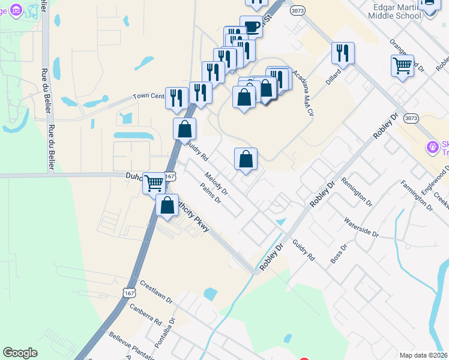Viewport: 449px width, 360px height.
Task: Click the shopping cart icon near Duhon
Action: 154,183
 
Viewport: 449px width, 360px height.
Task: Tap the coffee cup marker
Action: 251,27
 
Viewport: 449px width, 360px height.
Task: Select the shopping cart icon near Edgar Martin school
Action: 402,65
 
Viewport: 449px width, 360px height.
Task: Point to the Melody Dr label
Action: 216,185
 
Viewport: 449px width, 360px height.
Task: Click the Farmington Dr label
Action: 417,196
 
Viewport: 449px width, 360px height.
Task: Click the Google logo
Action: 20,353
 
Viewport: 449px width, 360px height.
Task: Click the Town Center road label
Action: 148,96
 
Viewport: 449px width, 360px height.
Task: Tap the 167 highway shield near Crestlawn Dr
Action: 130,292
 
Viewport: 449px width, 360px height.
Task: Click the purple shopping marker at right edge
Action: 432,146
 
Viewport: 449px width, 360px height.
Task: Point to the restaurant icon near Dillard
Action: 343,53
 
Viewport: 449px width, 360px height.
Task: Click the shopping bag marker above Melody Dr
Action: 246,159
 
